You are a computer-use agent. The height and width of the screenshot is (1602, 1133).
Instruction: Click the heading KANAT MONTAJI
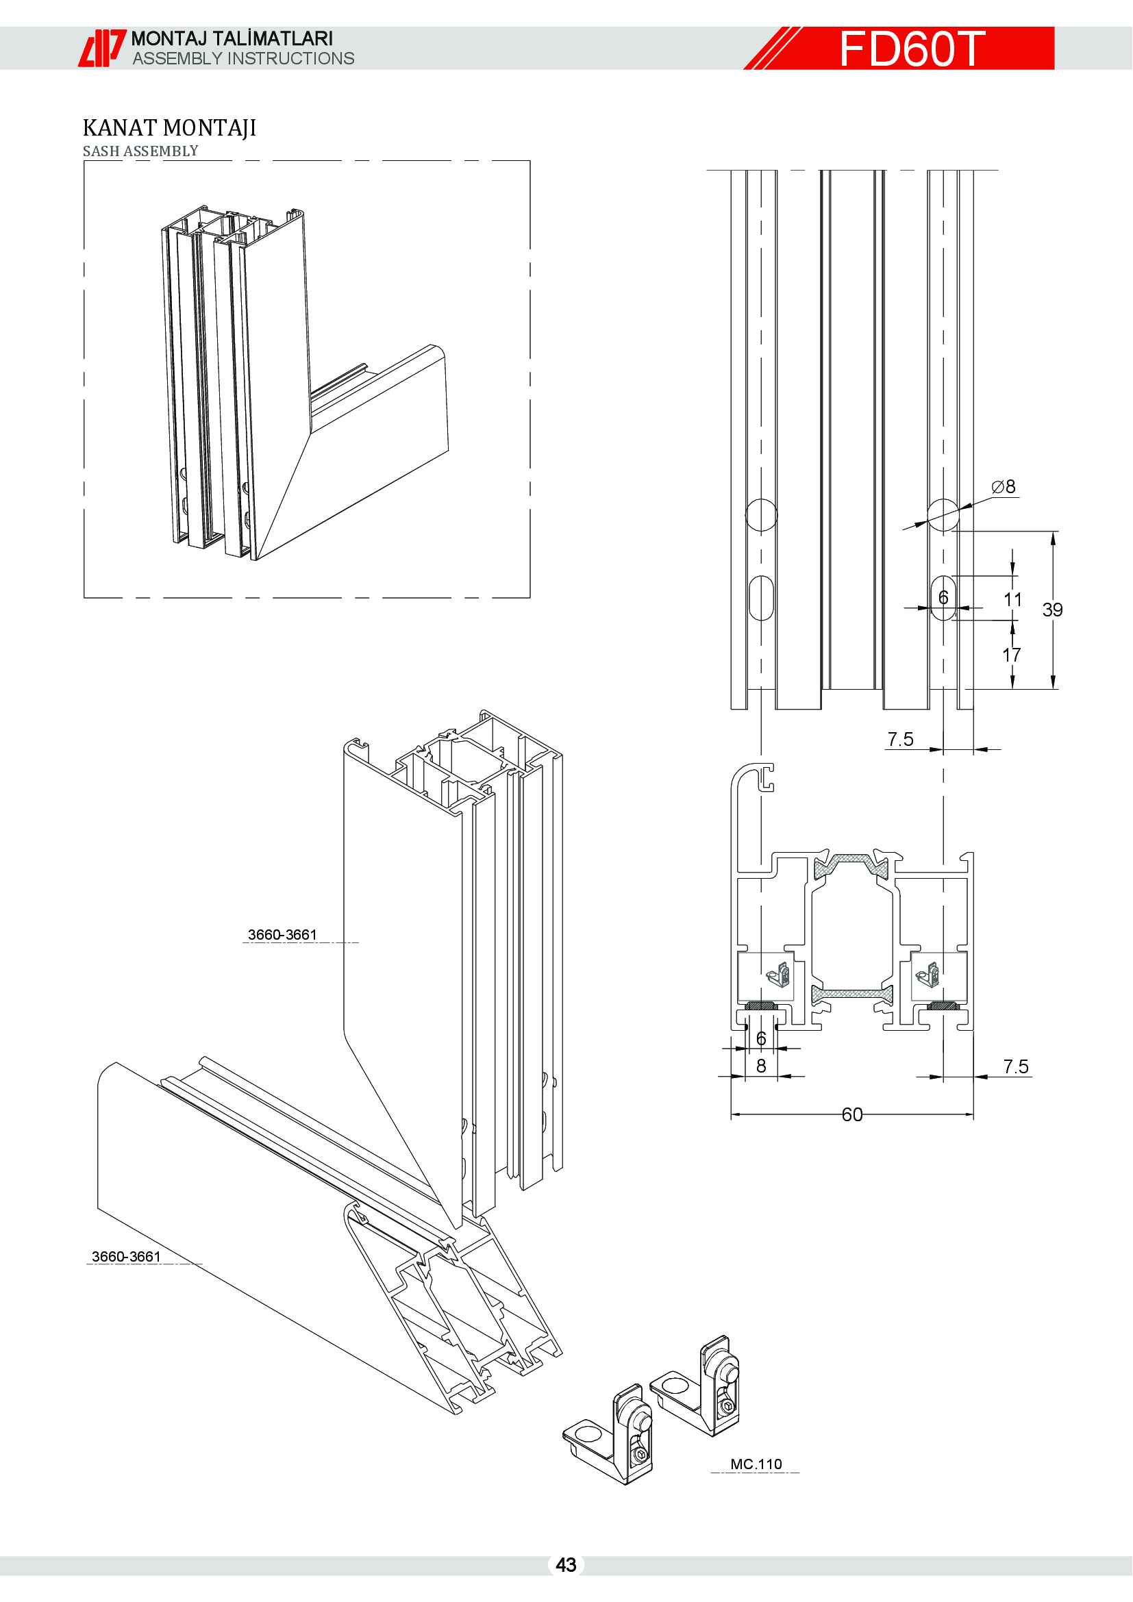coord(169,127)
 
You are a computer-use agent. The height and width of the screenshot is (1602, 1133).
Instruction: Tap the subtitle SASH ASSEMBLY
coord(140,151)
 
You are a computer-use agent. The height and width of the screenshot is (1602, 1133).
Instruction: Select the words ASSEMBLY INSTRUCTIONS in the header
coord(242,59)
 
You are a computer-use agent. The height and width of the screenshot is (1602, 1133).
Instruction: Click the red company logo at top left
coord(101,48)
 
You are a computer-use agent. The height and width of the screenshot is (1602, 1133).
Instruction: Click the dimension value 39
coord(1052,609)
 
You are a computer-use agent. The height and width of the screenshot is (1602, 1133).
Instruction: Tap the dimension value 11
coord(1012,599)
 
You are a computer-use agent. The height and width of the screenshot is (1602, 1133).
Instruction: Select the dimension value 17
coord(1012,655)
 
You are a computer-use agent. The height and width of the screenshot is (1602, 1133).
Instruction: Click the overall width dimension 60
coord(852,1114)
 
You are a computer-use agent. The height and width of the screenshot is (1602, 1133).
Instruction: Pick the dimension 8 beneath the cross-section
coord(761,1066)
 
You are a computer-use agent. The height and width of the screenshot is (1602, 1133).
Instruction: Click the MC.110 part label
coord(756,1464)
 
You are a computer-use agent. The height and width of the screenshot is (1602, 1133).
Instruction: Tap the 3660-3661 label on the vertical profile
coord(282,934)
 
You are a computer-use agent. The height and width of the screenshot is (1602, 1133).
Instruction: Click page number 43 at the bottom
coord(566,1564)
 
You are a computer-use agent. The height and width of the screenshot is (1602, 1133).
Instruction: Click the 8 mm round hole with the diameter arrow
coord(943,515)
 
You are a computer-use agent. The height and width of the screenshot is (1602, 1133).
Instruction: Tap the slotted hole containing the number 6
coord(943,598)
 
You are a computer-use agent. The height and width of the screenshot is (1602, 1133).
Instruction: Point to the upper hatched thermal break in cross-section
coord(852,864)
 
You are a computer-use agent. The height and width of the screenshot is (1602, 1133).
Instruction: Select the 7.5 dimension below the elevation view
coord(900,739)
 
